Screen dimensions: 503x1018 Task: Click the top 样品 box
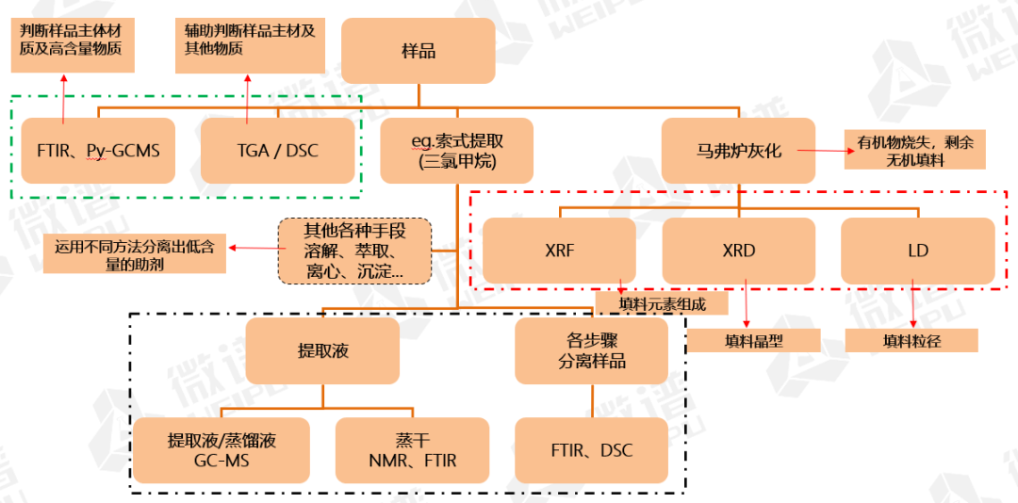tap(418, 50)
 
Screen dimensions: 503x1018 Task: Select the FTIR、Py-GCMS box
tap(98, 151)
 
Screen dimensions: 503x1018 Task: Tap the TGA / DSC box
tap(277, 151)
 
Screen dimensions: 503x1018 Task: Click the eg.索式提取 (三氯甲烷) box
tap(457, 151)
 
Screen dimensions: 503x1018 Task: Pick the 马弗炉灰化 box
tap(738, 151)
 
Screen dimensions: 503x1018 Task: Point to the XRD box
tap(738, 251)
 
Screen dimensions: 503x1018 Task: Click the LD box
tap(917, 251)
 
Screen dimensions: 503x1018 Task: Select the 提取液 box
tap(322, 350)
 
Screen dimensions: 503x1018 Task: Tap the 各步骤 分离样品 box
tap(591, 350)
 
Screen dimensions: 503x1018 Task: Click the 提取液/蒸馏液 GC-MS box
tap(222, 450)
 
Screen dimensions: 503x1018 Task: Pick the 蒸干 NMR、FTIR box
tap(413, 450)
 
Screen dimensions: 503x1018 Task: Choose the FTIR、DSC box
tap(591, 450)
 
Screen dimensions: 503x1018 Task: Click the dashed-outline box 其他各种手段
tap(354, 251)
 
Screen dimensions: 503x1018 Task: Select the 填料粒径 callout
tap(911, 340)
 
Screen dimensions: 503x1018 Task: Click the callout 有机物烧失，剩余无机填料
tap(914, 150)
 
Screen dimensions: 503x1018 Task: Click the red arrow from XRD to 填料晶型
tap(747, 303)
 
